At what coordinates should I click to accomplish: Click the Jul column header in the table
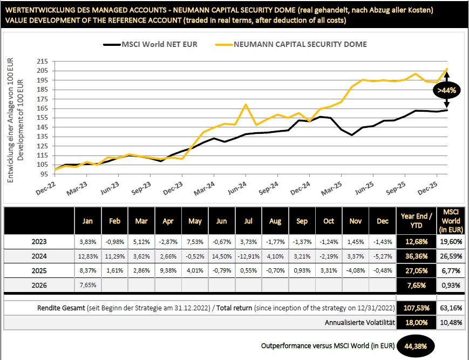(x=248, y=221)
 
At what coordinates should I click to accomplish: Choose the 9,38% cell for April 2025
(x=168, y=271)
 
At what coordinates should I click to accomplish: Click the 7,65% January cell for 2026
(x=87, y=285)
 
